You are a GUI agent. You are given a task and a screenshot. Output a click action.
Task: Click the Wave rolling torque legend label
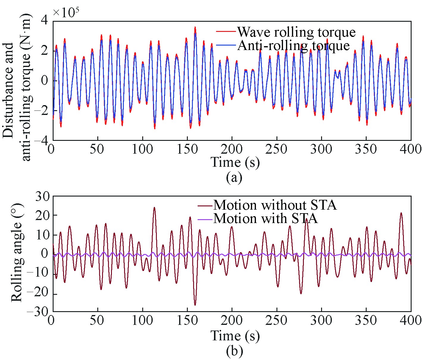pos(296,32)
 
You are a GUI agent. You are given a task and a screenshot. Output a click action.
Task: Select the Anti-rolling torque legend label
pos(293,45)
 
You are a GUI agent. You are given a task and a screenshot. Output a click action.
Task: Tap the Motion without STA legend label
pos(275,205)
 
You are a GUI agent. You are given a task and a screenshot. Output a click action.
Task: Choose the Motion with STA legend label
pos(265,218)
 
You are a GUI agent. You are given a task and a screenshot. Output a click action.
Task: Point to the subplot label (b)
pos(234,351)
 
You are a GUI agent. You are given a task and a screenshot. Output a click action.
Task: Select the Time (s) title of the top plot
pos(235,162)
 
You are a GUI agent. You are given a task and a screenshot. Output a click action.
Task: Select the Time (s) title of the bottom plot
pos(235,336)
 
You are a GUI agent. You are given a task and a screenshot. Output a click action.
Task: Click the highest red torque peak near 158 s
pos(195,27)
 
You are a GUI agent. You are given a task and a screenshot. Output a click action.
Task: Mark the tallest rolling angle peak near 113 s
pos(154,208)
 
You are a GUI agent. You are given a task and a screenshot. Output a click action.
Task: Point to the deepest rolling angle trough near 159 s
pos(195,305)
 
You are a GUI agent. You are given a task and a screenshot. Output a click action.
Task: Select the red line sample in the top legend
pos(226,31)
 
